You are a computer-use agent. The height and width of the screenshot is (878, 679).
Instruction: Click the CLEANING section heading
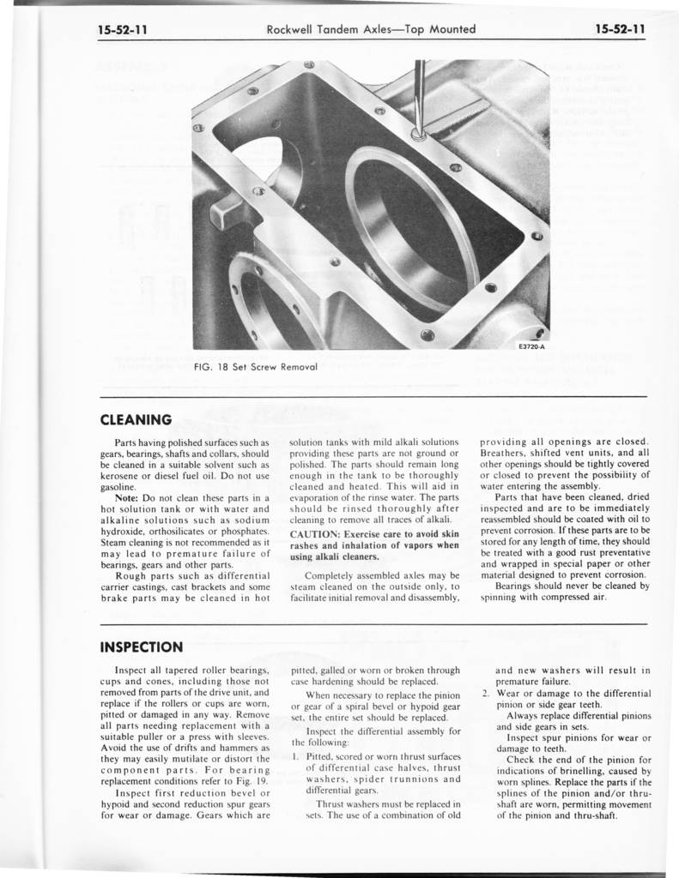point(136,420)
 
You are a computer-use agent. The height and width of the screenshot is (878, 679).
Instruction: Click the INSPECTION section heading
point(141,646)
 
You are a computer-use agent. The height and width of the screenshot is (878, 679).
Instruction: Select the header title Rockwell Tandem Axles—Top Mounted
point(371,30)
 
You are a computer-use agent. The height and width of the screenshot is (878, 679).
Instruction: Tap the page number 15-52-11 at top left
point(123,30)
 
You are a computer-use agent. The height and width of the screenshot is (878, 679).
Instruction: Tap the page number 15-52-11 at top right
point(620,30)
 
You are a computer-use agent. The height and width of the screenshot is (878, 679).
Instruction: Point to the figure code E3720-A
point(532,346)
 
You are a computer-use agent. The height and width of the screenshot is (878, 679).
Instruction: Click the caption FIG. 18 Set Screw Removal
point(245,366)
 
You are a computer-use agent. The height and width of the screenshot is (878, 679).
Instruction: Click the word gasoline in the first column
point(119,486)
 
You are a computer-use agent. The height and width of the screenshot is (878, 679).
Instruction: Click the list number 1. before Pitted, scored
point(294,756)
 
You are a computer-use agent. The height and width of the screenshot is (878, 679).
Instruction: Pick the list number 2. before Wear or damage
point(485,693)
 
